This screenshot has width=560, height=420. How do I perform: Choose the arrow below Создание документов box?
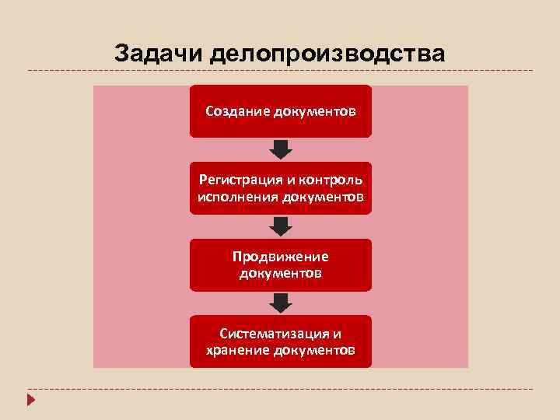coord(281,149)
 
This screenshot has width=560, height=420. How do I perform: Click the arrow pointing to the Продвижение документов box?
coord(281,226)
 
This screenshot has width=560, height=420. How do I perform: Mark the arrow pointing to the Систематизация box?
coord(281,302)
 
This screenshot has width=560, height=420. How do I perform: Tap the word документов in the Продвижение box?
coord(281,273)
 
